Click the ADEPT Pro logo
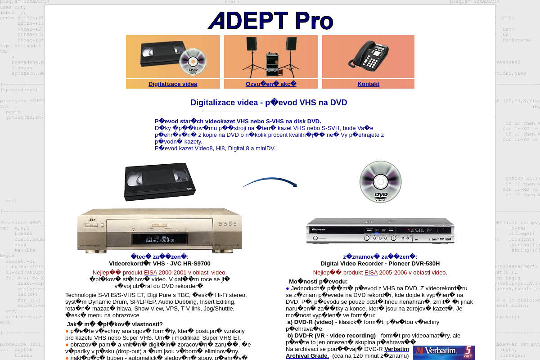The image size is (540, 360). click(270, 21)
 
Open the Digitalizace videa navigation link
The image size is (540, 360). click(173, 84)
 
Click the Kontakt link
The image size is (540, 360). click(368, 84)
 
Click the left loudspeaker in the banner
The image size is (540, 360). click(252, 44)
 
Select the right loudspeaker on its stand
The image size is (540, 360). click(291, 44)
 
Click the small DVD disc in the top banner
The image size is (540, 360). click(193, 62)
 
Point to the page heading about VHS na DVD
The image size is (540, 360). click(269, 103)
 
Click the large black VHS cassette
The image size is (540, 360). click(159, 181)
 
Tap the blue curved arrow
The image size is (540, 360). click(270, 182)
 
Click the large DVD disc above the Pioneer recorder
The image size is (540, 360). click(380, 182)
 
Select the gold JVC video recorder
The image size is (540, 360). click(160, 229)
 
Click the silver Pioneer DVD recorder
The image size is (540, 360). click(380, 231)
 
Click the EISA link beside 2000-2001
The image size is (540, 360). click(150, 272)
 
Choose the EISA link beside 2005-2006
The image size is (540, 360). click(371, 272)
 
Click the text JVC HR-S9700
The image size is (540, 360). click(185, 264)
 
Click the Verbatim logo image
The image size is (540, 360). click(443, 352)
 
